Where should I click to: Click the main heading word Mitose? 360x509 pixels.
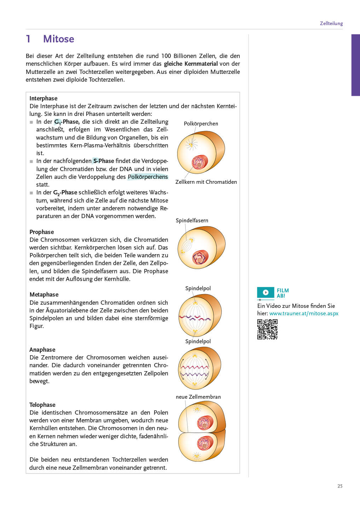pos(58,39)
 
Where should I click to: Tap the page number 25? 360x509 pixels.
pos(340,486)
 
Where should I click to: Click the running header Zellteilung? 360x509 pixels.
pos(331,23)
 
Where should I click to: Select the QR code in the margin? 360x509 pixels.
pos(267,329)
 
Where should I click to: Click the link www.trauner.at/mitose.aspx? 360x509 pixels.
pos(304,314)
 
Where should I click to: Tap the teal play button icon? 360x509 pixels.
pos(266,292)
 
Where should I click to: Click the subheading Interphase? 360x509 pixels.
pos(43,98)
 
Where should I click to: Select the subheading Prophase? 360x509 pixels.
pos(42,232)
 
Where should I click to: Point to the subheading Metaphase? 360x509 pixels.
pos(44,294)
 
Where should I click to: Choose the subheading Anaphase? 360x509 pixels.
pos(42,350)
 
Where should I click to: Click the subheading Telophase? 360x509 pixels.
pos(42,405)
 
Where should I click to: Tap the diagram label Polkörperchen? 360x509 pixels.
pos(201,124)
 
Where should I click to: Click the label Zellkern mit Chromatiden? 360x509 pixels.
pos(206,182)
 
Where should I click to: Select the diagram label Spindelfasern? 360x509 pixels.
pos(192,221)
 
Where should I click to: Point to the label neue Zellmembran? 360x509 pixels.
pos(198,397)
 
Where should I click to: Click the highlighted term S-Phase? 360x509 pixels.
pos(103,161)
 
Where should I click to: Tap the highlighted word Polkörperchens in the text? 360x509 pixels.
pos(148,177)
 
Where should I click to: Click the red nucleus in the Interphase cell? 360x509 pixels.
pos(200,162)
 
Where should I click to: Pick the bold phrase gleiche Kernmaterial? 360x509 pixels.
pos(191,64)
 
